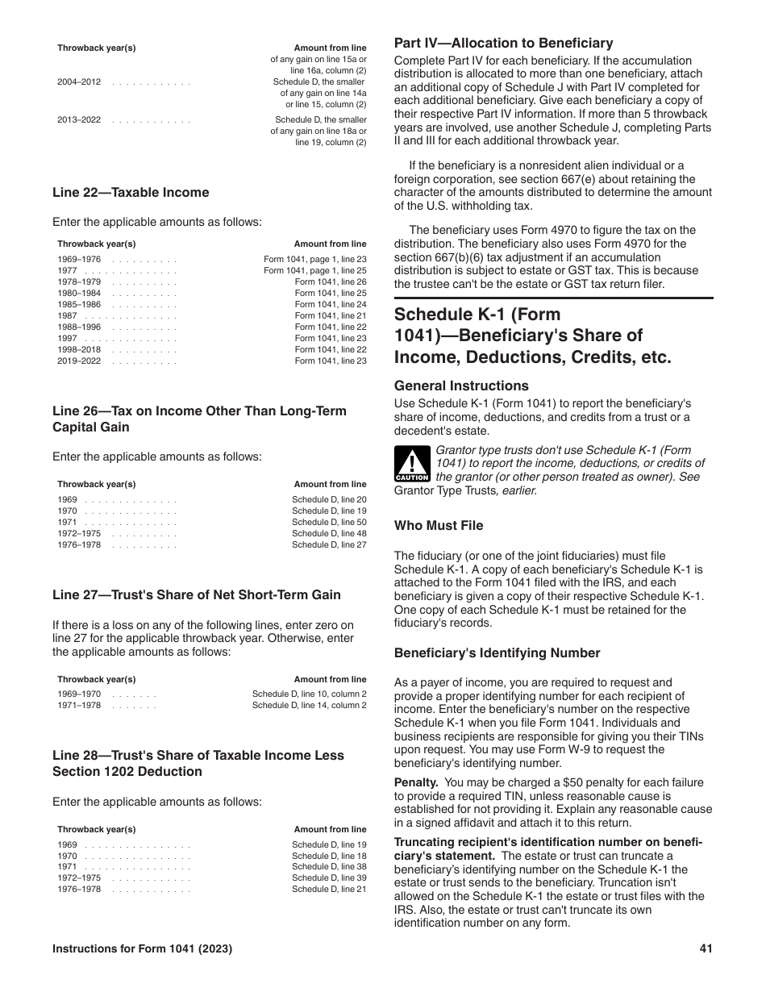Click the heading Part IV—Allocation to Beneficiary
(x=503, y=44)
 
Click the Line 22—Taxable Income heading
(x=131, y=193)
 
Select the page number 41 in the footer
(x=706, y=949)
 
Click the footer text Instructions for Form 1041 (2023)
(x=143, y=949)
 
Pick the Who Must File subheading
(x=439, y=526)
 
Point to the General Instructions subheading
(x=461, y=386)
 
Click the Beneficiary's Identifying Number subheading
(x=497, y=653)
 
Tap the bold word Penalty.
(x=415, y=782)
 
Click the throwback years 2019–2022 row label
(x=79, y=361)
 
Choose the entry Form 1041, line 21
(x=330, y=316)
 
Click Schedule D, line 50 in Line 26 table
(x=329, y=523)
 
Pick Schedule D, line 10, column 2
(x=309, y=694)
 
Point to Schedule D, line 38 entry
(x=329, y=866)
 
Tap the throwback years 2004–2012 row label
(x=79, y=82)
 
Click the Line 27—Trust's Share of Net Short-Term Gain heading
(x=197, y=595)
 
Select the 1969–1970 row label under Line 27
(x=79, y=694)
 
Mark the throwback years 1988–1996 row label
(x=79, y=327)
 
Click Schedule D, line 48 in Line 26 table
(x=329, y=534)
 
